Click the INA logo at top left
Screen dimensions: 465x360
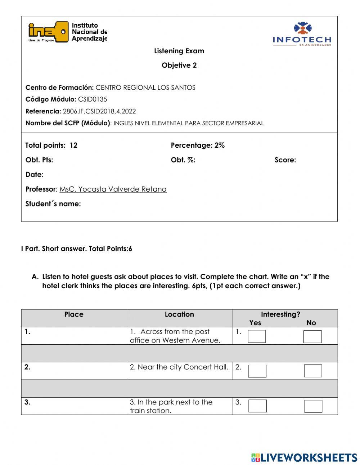pos(68,32)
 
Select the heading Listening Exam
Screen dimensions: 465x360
pos(179,51)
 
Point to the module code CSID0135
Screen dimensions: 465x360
pos(93,99)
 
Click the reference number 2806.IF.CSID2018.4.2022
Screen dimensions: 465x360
pos(99,111)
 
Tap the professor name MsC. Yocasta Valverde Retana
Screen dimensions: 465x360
pos(113,189)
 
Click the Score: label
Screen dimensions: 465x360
pos(285,160)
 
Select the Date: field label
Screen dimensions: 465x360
pos(35,175)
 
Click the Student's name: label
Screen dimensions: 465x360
pos(53,204)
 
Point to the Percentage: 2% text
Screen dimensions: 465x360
pos(198,146)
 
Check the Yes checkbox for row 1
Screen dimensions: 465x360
pos(257,336)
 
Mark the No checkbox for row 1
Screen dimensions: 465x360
pos(312,337)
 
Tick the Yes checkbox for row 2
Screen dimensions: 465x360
pos(257,371)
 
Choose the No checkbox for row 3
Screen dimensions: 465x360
pos(313,406)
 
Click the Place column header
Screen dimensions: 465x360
pos(74,314)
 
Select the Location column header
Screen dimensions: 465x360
pos(179,314)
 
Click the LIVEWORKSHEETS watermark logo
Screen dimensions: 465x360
pos(304,457)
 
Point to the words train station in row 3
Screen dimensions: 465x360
pos(150,411)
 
